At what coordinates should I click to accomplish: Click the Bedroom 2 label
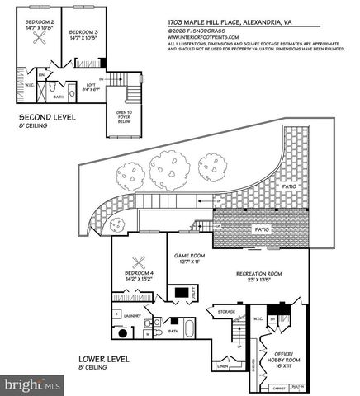[40, 22]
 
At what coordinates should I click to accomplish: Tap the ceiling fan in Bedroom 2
[39, 45]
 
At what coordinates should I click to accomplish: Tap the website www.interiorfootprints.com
[202, 37]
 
